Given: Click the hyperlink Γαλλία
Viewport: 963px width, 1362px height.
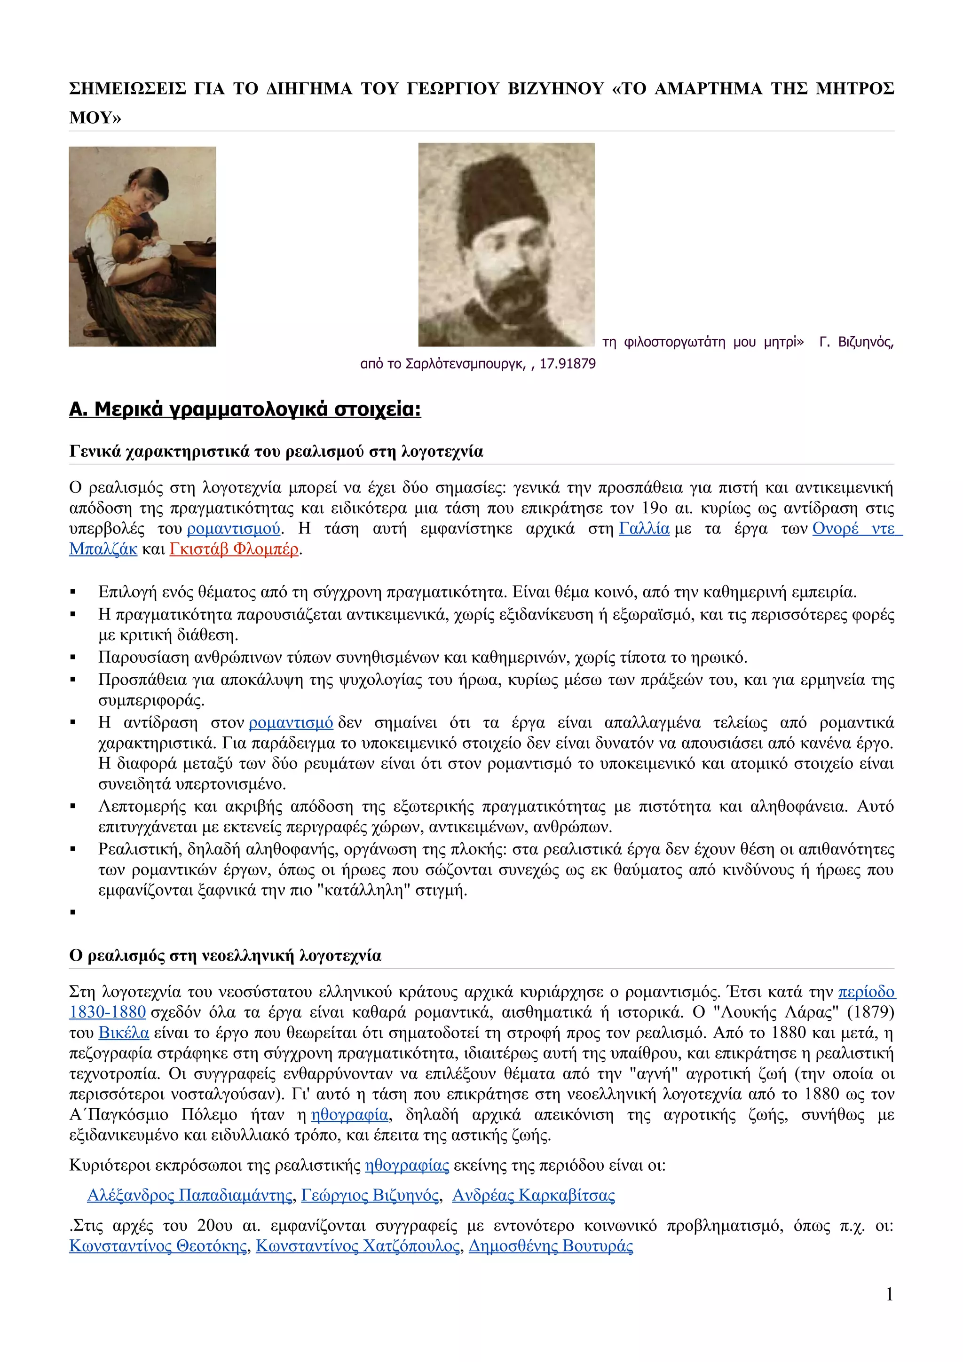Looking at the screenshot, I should pyautogui.click(x=644, y=529).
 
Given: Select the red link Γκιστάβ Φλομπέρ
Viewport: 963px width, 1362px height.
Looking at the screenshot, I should pyautogui.click(x=234, y=549).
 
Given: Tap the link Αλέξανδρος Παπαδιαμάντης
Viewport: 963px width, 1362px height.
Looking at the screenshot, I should pyautogui.click(x=190, y=1195).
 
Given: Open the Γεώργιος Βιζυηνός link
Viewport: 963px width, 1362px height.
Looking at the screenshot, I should pyautogui.click(x=370, y=1195).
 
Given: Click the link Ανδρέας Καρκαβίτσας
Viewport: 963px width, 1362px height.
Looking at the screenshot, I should pyautogui.click(x=533, y=1195).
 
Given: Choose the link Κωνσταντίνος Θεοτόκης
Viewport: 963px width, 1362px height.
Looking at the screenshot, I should pyautogui.click(x=158, y=1246).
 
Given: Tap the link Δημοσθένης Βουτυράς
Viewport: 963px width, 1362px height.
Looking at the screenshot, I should pyautogui.click(x=551, y=1246).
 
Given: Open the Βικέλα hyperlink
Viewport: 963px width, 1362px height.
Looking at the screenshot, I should pyautogui.click(x=123, y=1033).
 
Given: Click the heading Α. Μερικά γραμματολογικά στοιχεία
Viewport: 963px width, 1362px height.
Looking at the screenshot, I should pyautogui.click(x=245, y=409).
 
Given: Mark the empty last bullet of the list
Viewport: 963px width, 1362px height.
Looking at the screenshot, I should pyautogui.click(x=73, y=912).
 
